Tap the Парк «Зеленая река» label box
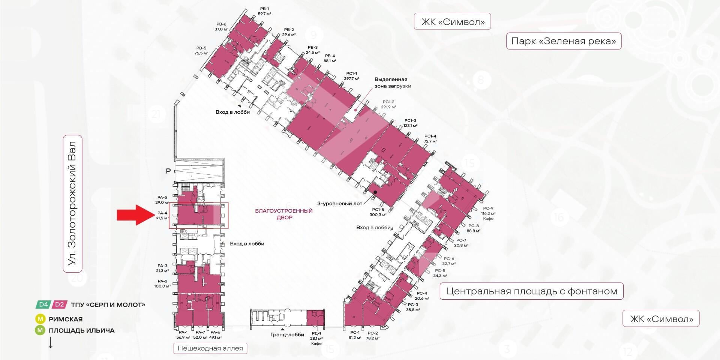point(564,41)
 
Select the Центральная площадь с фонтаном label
point(531,291)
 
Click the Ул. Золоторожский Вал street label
point(72,203)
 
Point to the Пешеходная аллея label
point(210,348)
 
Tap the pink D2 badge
point(60,304)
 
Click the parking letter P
point(168,171)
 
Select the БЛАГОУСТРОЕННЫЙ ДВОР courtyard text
point(283,214)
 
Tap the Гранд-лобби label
point(287,335)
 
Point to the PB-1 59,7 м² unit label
point(264,11)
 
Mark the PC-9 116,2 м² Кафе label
point(488,213)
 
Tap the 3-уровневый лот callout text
point(340,204)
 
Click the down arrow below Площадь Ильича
point(51,343)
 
